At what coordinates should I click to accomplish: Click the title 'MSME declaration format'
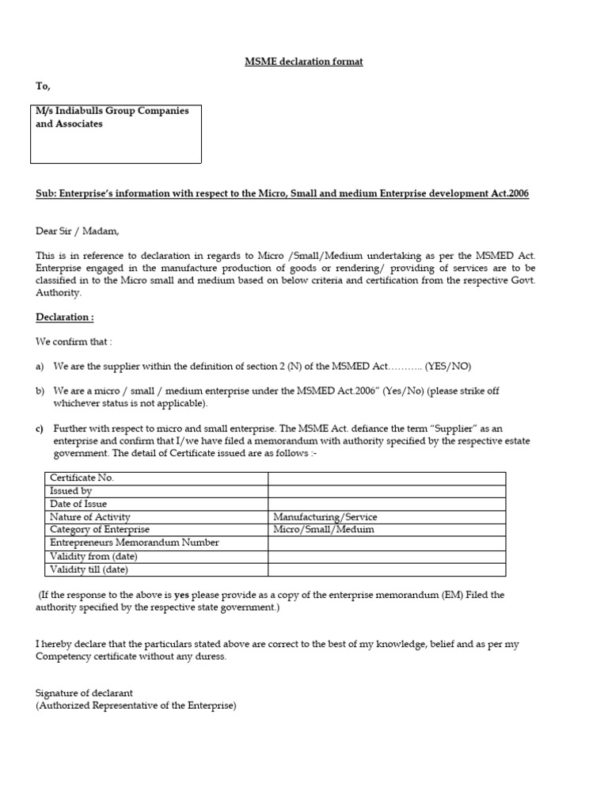pos(303,62)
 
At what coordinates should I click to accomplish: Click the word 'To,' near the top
pos(43,86)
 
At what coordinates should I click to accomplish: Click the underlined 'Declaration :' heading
pos(65,318)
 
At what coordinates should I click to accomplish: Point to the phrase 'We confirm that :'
pos(74,342)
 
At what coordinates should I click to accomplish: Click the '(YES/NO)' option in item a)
pos(448,367)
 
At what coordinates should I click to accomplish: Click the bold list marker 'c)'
pos(40,428)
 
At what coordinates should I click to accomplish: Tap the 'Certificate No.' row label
pos(82,478)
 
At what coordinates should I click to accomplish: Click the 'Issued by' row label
pos(71,491)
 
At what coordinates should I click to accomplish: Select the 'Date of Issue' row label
pos(78,504)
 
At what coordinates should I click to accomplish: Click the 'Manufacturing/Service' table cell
pos(325,517)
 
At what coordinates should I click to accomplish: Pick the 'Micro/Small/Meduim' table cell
pos(324,530)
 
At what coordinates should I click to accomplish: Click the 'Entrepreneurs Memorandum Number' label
pos(135,543)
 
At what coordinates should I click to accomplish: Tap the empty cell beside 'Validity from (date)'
pos(386,556)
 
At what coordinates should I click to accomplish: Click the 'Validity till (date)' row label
pos(89,569)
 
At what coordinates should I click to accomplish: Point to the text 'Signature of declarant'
pos(85,693)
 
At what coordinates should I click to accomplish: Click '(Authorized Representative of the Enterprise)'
pos(136,706)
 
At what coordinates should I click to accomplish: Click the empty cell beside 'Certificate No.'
pos(386,478)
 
